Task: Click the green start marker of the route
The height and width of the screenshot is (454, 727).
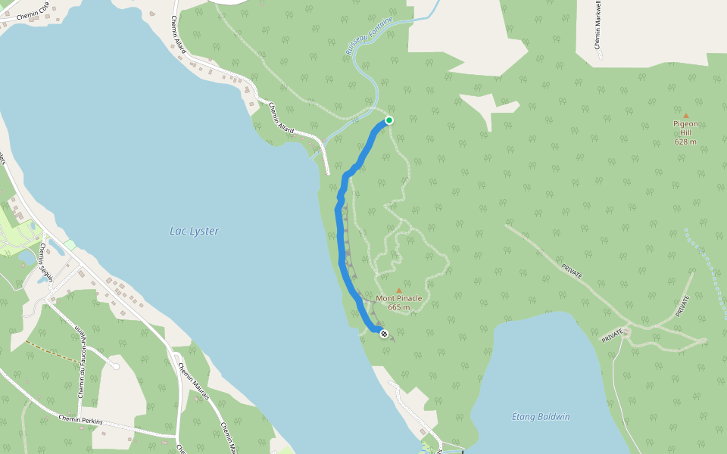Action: pyautogui.click(x=388, y=120)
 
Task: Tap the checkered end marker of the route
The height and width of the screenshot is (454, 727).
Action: pyautogui.click(x=384, y=334)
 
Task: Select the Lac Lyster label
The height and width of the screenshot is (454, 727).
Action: pyautogui.click(x=194, y=231)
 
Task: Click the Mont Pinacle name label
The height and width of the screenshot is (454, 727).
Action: pyautogui.click(x=398, y=298)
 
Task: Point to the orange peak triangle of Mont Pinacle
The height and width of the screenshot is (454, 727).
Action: pyautogui.click(x=399, y=290)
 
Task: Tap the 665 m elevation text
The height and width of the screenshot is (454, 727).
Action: pyautogui.click(x=398, y=307)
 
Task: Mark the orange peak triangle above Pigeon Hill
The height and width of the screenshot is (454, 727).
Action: pyautogui.click(x=686, y=116)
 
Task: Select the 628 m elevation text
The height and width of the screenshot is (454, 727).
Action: pyautogui.click(x=685, y=141)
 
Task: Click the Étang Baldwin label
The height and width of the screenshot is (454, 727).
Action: pyautogui.click(x=541, y=417)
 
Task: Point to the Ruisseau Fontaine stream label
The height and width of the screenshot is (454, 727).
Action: pyautogui.click(x=370, y=36)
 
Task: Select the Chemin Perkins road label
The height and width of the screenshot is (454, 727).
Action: pyautogui.click(x=79, y=418)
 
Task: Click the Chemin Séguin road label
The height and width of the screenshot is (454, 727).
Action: pyautogui.click(x=46, y=262)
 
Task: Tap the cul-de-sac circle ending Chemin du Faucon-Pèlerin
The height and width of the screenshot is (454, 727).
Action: pyautogui.click(x=115, y=366)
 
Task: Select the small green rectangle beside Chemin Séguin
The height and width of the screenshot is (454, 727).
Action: pyautogui.click(x=70, y=245)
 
